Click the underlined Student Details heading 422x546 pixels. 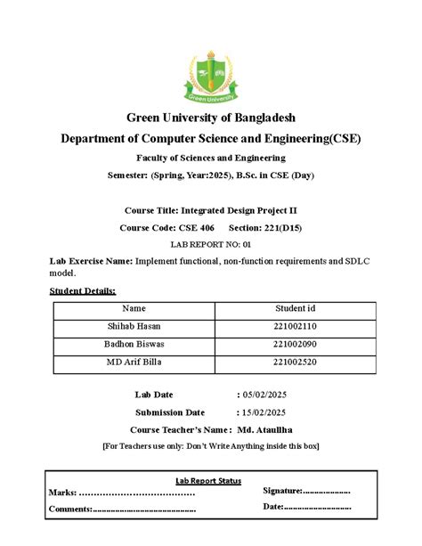(x=80, y=290)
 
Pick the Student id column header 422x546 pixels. (x=296, y=307)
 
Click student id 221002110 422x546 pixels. (x=296, y=327)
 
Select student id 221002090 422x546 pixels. (x=296, y=344)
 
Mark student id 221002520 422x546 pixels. (x=296, y=362)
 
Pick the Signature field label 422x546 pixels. (x=282, y=491)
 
